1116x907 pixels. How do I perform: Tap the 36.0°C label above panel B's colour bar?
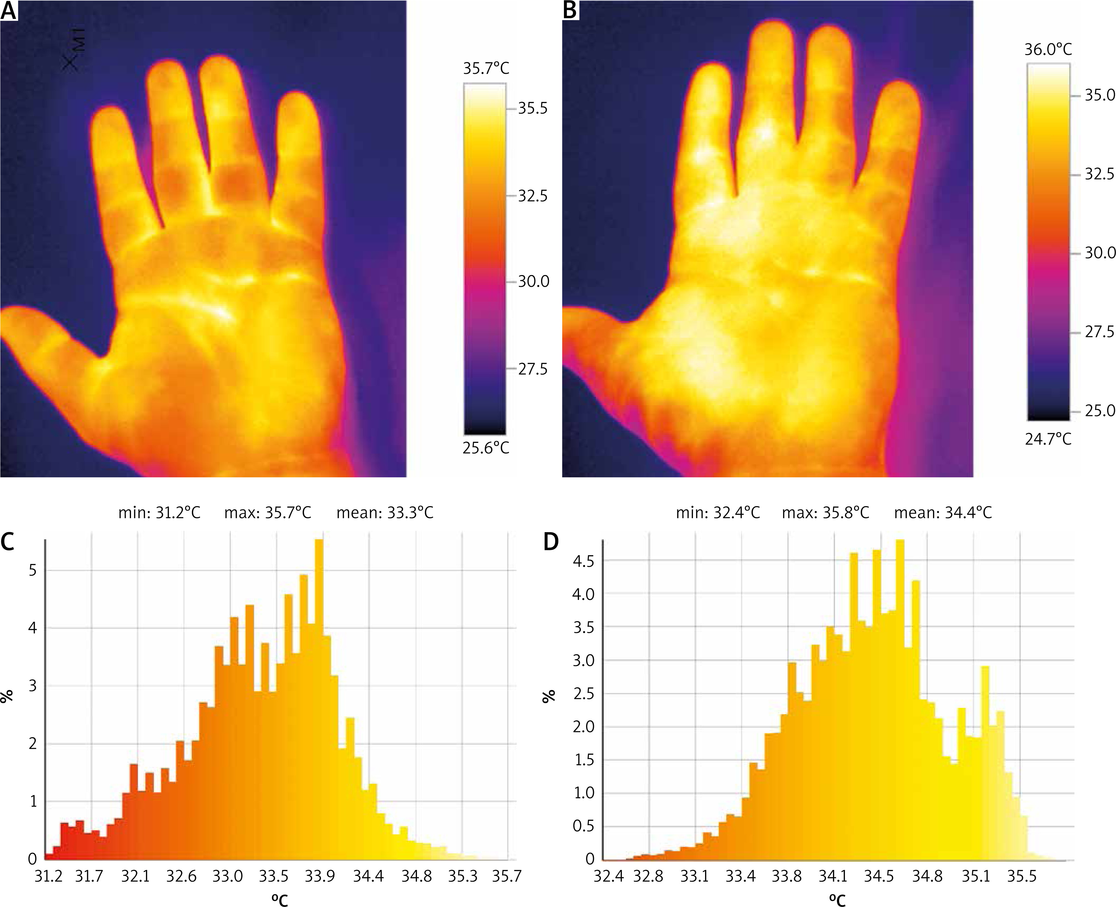pyautogui.click(x=1048, y=49)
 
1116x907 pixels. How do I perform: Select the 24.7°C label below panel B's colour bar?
pyautogui.click(x=1048, y=438)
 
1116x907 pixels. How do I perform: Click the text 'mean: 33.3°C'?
pyautogui.click(x=385, y=513)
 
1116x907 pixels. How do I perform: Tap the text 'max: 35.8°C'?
pyautogui.click(x=825, y=513)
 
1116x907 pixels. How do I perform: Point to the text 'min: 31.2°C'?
pyautogui.click(x=159, y=513)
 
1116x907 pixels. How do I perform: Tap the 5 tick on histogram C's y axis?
pyautogui.click(x=33, y=570)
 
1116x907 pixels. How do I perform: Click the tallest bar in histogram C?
pyautogui.click(x=319, y=679)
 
